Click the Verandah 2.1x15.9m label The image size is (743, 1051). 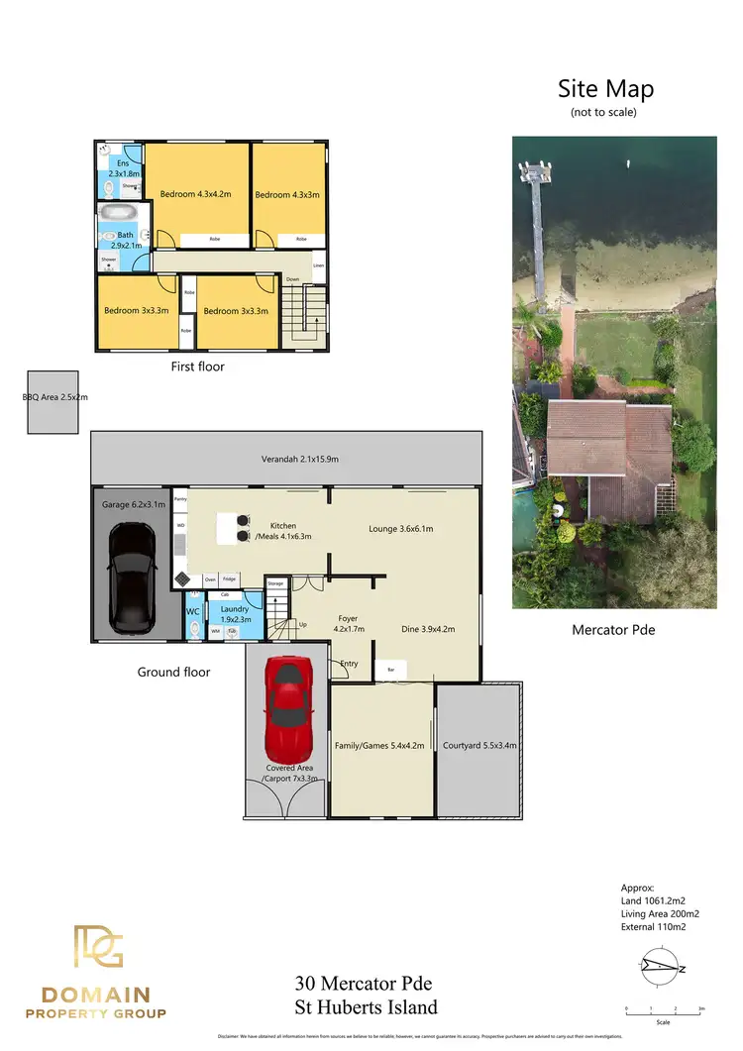pos(286,460)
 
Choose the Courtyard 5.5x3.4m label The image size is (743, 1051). pos(479,746)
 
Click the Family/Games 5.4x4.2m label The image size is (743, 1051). pos(381,746)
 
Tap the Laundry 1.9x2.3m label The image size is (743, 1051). pos(236,614)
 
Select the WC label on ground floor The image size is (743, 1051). pos(193,612)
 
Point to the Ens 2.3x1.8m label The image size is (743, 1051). pos(123,168)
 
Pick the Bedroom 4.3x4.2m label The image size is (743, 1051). pos(195,195)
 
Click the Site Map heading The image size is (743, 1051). pos(605,88)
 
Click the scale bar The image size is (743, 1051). pos(663,1009)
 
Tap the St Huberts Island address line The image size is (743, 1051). pos(366,1007)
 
